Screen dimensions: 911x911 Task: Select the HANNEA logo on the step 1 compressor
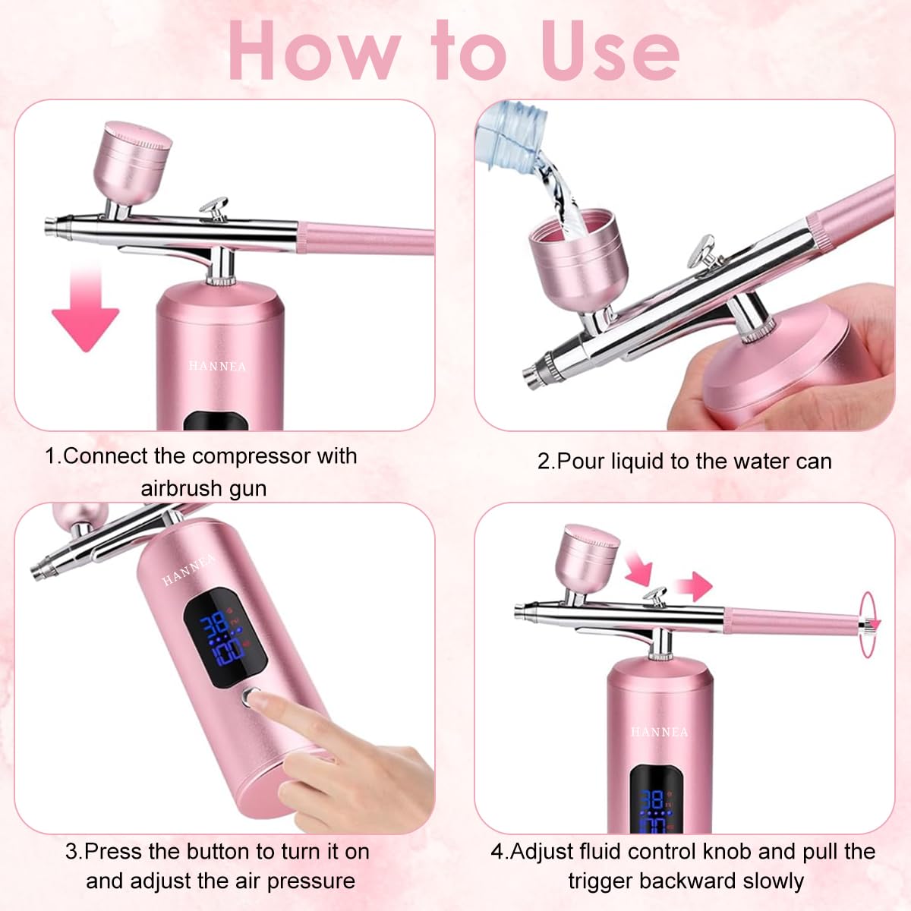coord(218,366)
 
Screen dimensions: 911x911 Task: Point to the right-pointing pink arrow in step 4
coord(692,585)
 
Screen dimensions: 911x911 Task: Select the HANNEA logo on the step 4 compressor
coord(660,732)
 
